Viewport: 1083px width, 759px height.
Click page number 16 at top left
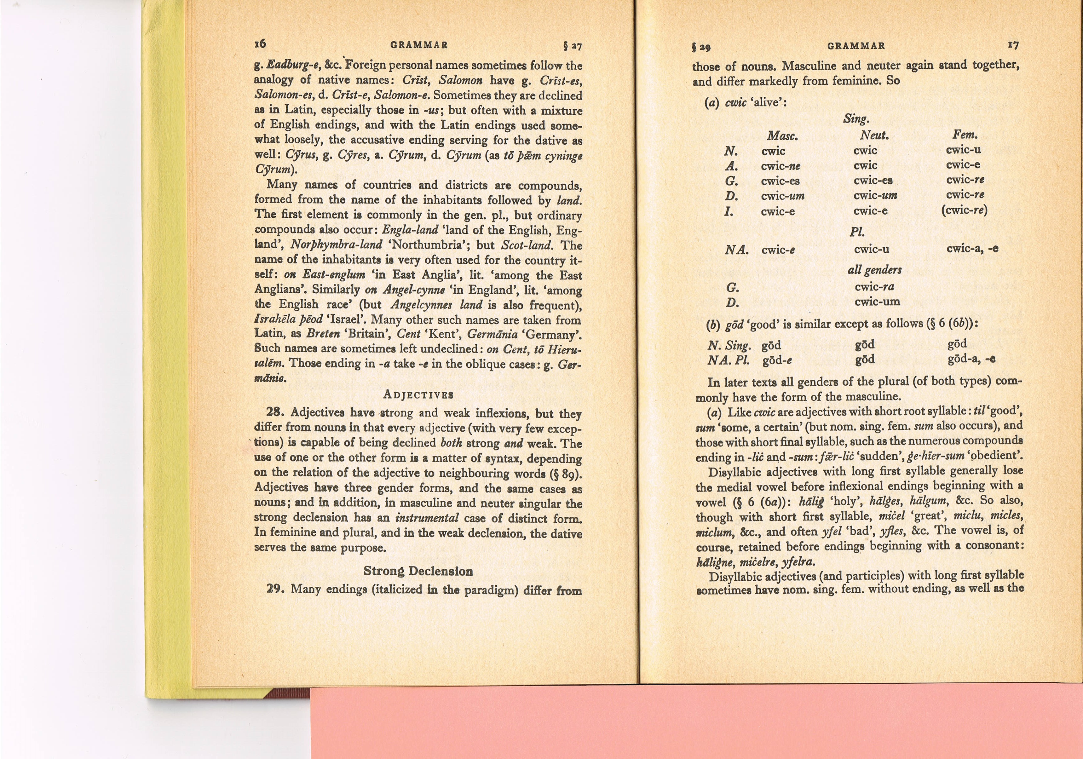pos(260,43)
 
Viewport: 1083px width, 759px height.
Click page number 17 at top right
pos(1013,45)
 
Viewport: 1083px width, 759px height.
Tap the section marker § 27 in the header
pos(573,46)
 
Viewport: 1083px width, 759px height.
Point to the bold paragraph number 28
pos(275,412)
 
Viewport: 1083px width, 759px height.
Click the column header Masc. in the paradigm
pos(782,136)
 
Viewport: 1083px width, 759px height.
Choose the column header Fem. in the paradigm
pos(965,135)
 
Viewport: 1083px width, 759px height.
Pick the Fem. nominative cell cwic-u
pos(963,150)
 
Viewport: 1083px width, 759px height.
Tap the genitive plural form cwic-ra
pos(874,287)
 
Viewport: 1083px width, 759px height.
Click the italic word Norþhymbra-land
pos(336,245)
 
